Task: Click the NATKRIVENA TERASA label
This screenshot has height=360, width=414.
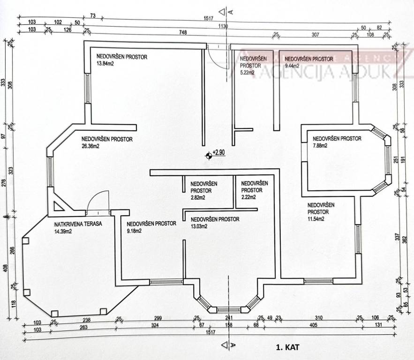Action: pyautogui.click(x=78, y=224)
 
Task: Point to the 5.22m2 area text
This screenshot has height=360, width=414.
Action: pyautogui.click(x=247, y=73)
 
